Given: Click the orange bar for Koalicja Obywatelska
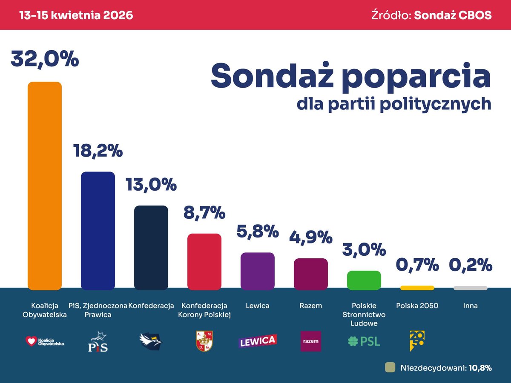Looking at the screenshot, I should (45, 186).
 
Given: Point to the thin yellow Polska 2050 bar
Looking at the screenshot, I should (417, 288).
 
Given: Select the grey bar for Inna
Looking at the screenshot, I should (471, 288).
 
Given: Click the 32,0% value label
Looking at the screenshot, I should (45, 59).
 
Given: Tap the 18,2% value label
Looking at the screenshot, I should (98, 151).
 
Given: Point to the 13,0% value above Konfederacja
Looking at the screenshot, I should (151, 185).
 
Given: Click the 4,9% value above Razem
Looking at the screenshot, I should (311, 237).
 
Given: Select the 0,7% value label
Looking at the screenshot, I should (417, 265).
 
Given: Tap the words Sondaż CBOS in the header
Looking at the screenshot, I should (453, 15).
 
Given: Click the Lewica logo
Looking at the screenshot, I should (258, 341).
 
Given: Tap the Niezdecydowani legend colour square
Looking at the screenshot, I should (390, 367).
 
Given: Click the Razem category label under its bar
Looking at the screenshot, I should (311, 306).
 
